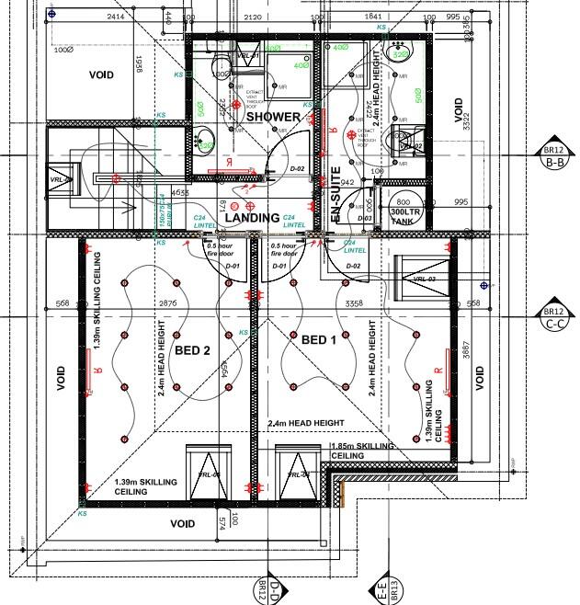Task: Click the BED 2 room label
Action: pos(194,350)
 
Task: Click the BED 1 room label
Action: pos(320,339)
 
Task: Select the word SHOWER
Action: pos(272,117)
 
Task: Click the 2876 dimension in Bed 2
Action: pos(167,302)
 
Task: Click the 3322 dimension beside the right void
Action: pos(476,118)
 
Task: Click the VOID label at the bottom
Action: pos(183,523)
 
